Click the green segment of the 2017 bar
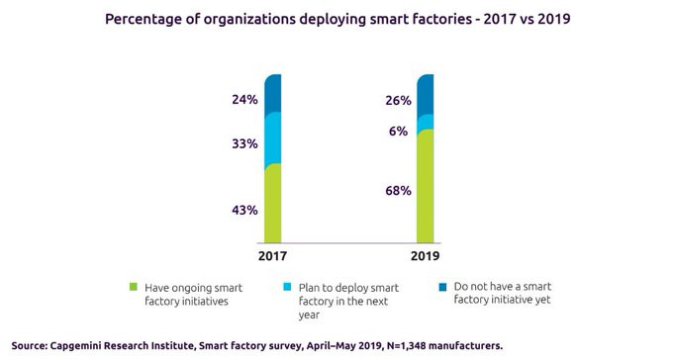(x=272, y=203)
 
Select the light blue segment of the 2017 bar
(x=272, y=138)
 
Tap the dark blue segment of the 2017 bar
(x=272, y=94)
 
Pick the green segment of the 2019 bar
(x=425, y=186)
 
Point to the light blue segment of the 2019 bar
(x=425, y=124)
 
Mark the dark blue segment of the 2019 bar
(x=425, y=96)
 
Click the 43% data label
(x=244, y=211)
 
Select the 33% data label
(x=244, y=143)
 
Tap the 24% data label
(x=244, y=100)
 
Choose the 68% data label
(x=398, y=191)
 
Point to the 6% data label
(x=398, y=132)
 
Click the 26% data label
(x=398, y=101)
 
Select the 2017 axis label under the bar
(x=272, y=256)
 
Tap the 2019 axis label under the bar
(x=425, y=256)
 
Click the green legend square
(x=134, y=287)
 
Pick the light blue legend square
(x=287, y=287)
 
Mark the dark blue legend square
(x=442, y=287)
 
